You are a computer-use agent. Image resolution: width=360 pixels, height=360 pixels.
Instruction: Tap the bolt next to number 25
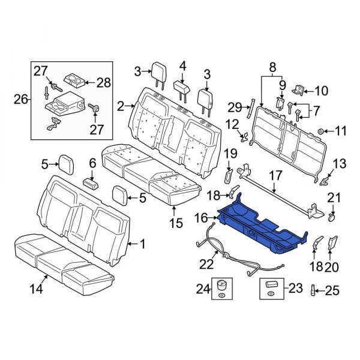click(x=313, y=292)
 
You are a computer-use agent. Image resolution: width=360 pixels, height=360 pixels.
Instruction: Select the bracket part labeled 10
click(x=297, y=91)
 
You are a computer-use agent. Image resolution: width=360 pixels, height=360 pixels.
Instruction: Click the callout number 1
click(x=142, y=244)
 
